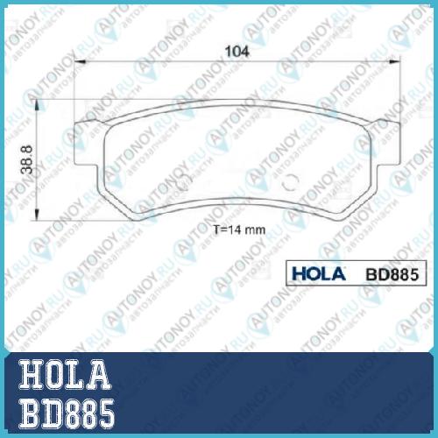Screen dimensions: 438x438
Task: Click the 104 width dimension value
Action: coord(237,52)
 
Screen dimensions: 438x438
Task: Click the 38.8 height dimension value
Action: coord(27,159)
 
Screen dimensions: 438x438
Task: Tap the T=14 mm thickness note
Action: coord(239,230)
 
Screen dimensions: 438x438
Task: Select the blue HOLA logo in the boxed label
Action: coord(319,273)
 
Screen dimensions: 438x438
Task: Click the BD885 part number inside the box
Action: coord(392,274)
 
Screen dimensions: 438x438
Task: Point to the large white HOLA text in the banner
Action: coord(65,375)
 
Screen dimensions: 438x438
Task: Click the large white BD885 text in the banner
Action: coord(67,413)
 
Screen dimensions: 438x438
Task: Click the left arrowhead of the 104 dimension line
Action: coord(80,61)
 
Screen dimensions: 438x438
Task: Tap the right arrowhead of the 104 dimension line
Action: coord(394,61)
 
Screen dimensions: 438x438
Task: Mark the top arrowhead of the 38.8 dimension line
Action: coord(37,104)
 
